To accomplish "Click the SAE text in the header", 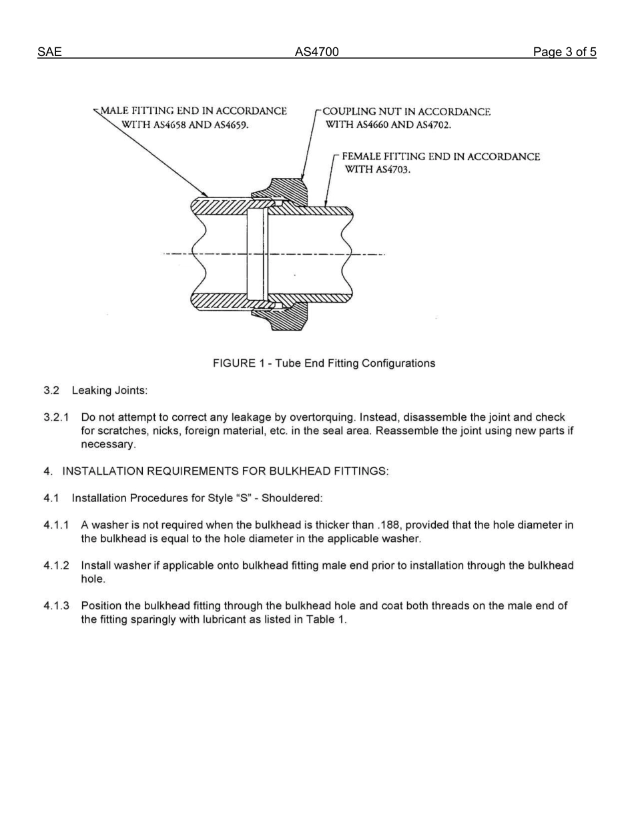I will tap(49, 52).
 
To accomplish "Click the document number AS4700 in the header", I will tap(317, 52).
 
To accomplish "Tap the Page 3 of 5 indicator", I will tap(564, 52).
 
